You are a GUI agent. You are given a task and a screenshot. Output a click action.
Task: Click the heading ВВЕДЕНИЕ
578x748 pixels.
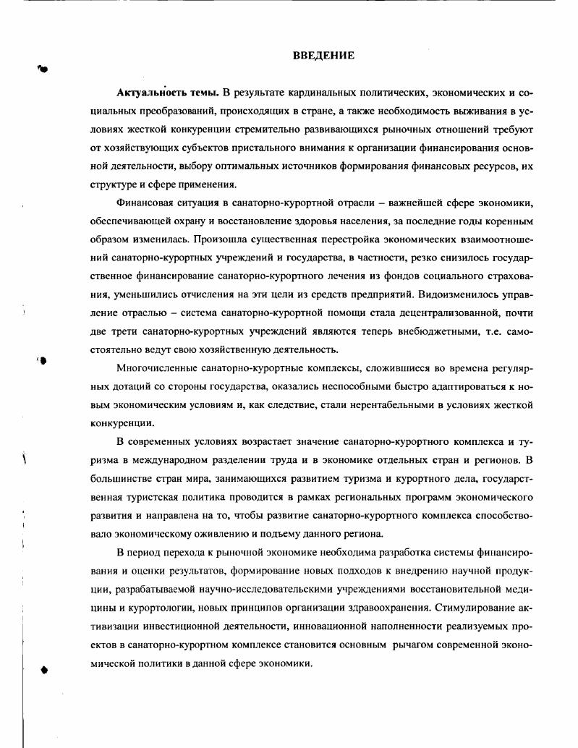tap(323, 56)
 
